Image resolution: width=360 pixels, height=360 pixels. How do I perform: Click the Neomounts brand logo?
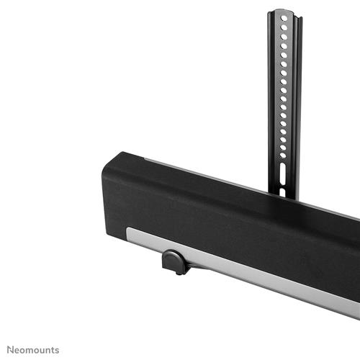[x=35, y=349]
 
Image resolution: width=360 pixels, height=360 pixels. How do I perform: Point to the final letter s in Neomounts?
[x=58, y=349]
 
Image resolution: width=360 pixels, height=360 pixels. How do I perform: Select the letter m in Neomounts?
[x=30, y=350]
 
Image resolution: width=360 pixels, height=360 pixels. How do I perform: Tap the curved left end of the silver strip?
[x=130, y=235]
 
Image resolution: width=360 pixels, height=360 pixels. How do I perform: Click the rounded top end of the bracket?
[x=284, y=12]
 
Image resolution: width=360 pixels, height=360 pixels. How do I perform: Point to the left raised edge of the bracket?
[x=271, y=101]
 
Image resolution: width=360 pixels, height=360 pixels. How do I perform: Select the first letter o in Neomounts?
[x=24, y=350]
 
